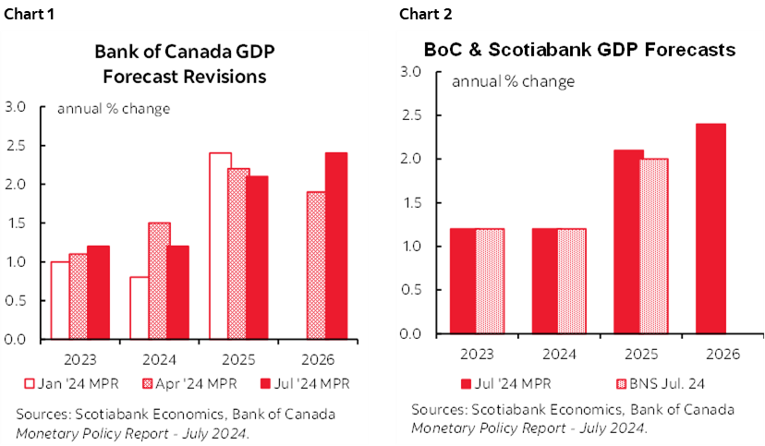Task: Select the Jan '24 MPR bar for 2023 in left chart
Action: [x=60, y=300]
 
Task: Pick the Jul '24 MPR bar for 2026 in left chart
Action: [x=335, y=246]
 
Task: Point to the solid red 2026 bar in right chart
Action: [x=710, y=228]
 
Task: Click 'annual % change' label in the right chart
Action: [x=513, y=81]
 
